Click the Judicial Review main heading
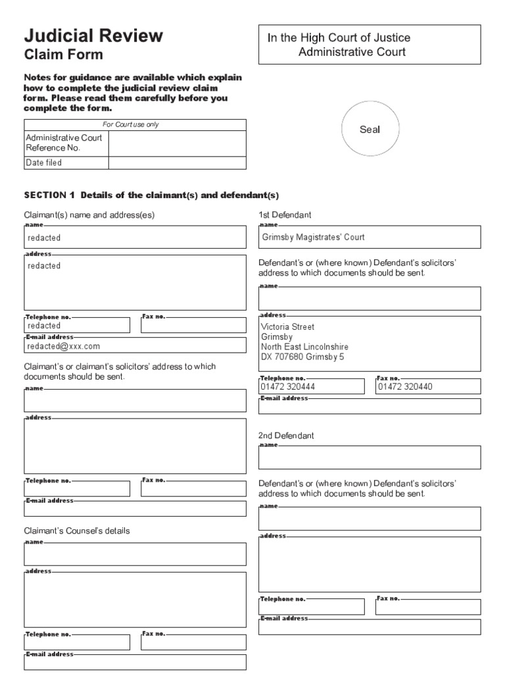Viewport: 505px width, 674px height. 93,36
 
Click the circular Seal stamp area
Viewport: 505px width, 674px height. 370,130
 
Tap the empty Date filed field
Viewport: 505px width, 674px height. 177,163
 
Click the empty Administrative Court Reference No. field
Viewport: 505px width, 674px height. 177,143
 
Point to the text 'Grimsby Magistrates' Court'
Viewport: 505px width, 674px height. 313,237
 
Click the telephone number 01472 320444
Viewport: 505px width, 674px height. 287,387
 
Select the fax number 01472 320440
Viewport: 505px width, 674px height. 406,387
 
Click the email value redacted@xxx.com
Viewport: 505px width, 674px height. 64,346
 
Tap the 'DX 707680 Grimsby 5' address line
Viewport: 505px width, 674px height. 302,357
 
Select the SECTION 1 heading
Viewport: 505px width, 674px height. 151,195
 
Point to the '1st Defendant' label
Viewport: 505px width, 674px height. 285,215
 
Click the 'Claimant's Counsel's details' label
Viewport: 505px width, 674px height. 77,531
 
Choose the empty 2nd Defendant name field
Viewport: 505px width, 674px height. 369,458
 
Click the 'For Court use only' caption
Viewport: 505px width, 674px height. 135,124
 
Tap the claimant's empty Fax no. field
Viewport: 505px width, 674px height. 193,326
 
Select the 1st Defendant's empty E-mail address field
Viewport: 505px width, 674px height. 369,407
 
